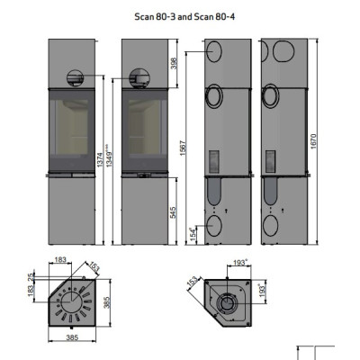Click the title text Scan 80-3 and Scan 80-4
tap(184, 16)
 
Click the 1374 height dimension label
tap(100, 160)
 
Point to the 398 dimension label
tap(174, 63)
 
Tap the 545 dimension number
tap(174, 212)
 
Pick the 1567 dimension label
tap(184, 148)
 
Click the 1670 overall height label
tap(313, 141)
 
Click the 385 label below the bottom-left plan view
tap(72, 337)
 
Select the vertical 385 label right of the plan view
tap(107, 302)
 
